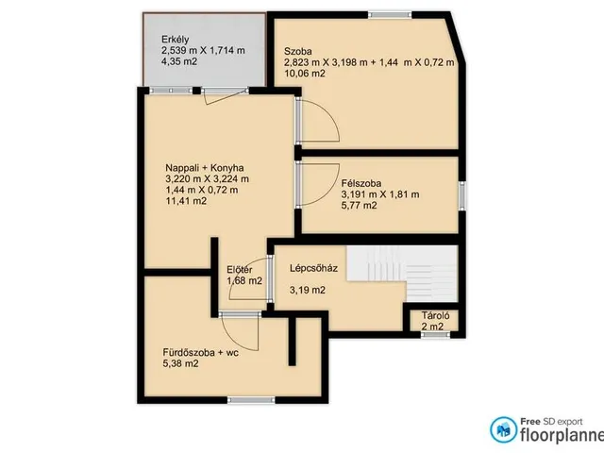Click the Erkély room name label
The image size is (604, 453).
[x=175, y=40]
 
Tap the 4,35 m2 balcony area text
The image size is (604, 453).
[x=179, y=61]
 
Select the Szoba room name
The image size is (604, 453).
[x=298, y=51]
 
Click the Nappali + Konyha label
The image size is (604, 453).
[x=205, y=168]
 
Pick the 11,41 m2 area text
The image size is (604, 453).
[x=186, y=201]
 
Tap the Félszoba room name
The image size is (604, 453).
[x=361, y=183]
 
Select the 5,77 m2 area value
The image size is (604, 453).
[x=359, y=206]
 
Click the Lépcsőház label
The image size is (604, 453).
[x=313, y=268]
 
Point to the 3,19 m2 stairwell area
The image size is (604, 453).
[x=308, y=290]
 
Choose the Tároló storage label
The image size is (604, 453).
[x=435, y=316]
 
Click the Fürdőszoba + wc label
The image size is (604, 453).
[x=200, y=352]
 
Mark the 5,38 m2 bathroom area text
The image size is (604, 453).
[x=180, y=363]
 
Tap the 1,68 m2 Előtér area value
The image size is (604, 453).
[x=244, y=281]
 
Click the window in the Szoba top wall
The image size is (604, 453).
[x=390, y=15]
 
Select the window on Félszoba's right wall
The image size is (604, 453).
[x=461, y=196]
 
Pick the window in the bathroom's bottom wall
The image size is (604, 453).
[x=251, y=400]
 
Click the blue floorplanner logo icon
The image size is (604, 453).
[x=503, y=430]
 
